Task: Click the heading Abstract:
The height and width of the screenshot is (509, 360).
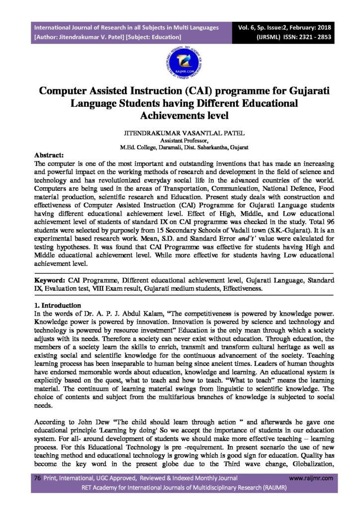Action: pyautogui.click(x=49, y=155)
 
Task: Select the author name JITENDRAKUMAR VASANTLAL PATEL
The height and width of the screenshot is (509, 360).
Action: pyautogui.click(x=180, y=134)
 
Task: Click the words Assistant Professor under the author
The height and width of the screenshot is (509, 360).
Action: pyautogui.click(x=180, y=141)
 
